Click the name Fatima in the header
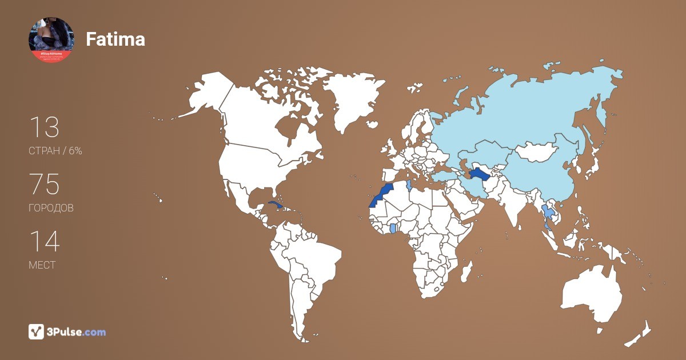coord(115,39)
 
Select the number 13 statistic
coord(44,127)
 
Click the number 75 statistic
coord(44,185)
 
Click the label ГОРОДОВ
coord(51,209)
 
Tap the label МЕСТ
coord(42,265)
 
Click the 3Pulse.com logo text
coord(77,332)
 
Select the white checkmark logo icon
coord(37,331)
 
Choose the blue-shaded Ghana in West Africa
coord(393,228)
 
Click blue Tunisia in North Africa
coord(408,185)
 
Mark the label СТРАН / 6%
coord(55,151)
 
